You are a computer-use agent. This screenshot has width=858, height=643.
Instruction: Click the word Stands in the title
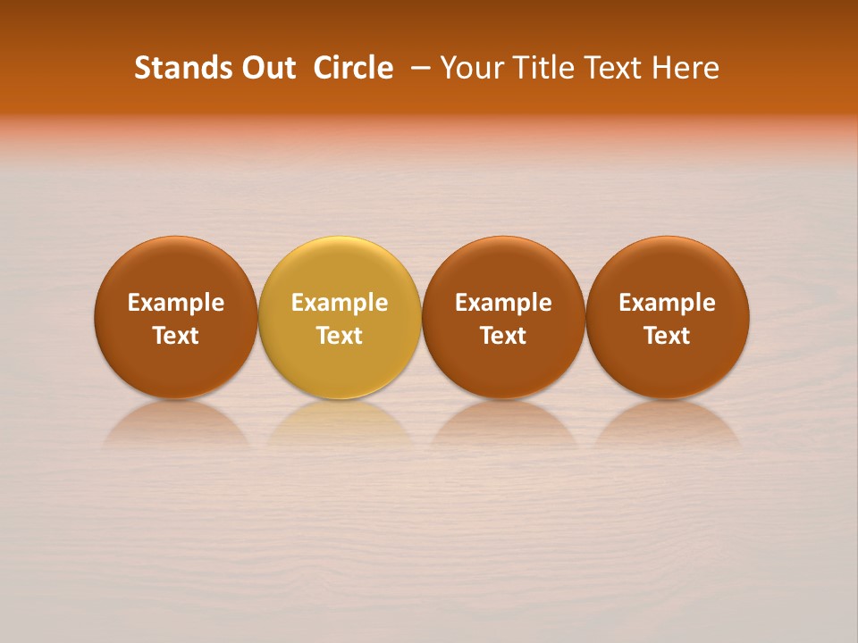[182, 68]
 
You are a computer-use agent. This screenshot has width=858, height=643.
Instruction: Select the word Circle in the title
[353, 68]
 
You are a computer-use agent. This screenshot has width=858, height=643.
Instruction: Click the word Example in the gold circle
[340, 304]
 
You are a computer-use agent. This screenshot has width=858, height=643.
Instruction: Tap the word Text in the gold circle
[340, 336]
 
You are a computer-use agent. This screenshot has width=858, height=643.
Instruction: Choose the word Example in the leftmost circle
[176, 304]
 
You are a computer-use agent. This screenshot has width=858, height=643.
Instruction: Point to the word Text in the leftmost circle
[176, 336]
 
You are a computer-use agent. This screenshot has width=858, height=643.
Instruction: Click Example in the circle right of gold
[503, 304]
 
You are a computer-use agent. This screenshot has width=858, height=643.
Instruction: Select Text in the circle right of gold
[503, 336]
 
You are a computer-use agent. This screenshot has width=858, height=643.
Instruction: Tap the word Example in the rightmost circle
[667, 304]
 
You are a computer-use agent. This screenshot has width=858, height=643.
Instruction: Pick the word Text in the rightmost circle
[667, 336]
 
